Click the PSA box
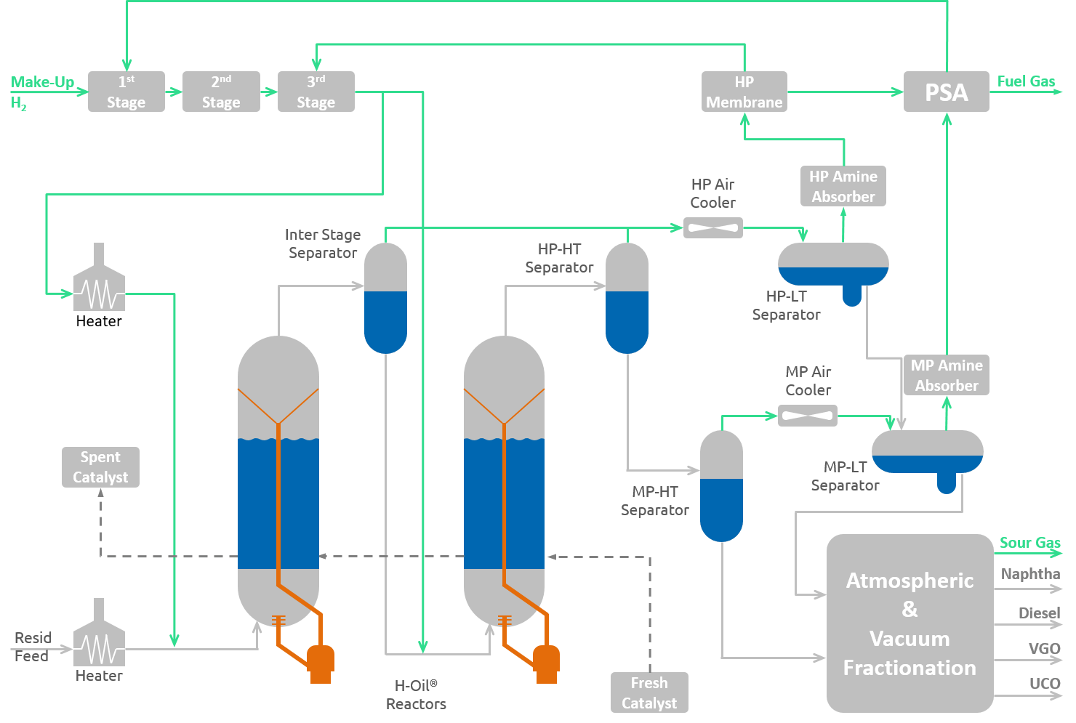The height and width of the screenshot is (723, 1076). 946,92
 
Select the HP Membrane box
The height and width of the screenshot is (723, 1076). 744,92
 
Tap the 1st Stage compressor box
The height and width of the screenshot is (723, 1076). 126,92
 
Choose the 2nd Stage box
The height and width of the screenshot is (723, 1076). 221,92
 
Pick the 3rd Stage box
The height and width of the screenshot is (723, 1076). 316,92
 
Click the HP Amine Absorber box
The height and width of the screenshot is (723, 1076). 843,186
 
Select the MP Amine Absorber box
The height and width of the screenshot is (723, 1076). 946,375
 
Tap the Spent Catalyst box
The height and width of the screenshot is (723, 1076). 100,467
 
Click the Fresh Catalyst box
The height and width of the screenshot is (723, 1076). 649,692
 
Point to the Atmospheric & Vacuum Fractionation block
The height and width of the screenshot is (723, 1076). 910,623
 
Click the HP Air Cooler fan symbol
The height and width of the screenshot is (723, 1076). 712,227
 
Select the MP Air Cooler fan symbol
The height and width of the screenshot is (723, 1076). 807,416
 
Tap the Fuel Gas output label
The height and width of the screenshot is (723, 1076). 1026,81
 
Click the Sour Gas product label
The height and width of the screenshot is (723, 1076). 1029,543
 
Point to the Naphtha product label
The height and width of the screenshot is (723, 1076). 1030,574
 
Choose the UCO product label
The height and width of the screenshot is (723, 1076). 1045,683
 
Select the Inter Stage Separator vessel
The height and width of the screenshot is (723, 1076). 385,298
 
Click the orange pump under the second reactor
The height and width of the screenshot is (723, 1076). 546,661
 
